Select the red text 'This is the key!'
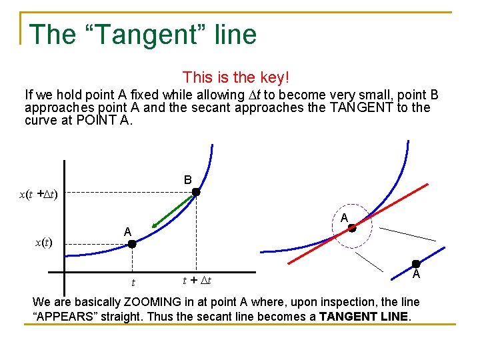point(236,78)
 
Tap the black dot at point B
point(196,193)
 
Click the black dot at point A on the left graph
point(132,245)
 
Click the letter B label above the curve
point(188,180)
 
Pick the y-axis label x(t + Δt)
point(38,194)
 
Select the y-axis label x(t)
point(43,243)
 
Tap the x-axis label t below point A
point(133,283)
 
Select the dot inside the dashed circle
point(352,228)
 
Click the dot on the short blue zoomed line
point(415,264)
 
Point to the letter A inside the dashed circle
point(344,218)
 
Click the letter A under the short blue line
point(415,275)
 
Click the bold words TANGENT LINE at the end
point(364,316)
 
